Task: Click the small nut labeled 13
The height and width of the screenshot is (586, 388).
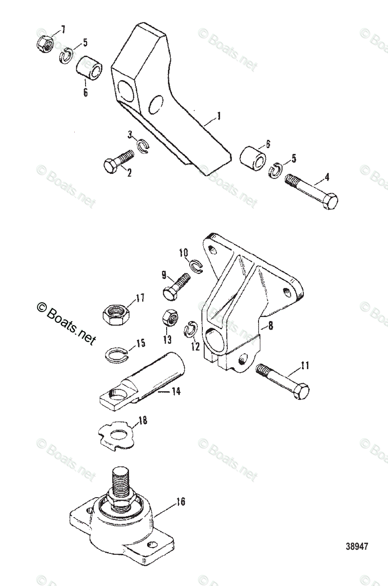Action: (170, 318)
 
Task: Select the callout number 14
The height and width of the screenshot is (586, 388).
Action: (174, 391)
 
